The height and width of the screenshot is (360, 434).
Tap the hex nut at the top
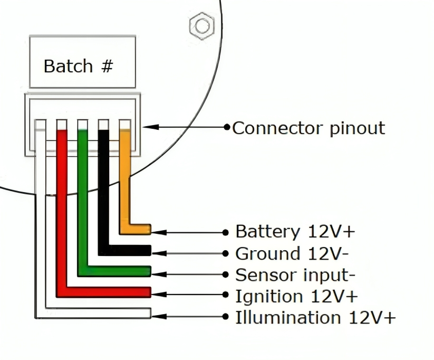click(x=201, y=25)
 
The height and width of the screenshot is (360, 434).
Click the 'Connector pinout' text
click(x=308, y=128)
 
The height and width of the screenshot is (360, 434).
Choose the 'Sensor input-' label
click(x=295, y=275)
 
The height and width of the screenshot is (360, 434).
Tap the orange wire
click(x=125, y=179)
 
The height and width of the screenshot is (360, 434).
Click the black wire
click(x=104, y=190)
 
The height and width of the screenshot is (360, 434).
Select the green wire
click(x=83, y=201)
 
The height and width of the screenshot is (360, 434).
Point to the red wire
click(x=62, y=211)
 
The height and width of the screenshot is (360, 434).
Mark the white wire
click(x=41, y=222)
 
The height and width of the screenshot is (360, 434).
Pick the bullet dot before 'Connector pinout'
click(x=227, y=127)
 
